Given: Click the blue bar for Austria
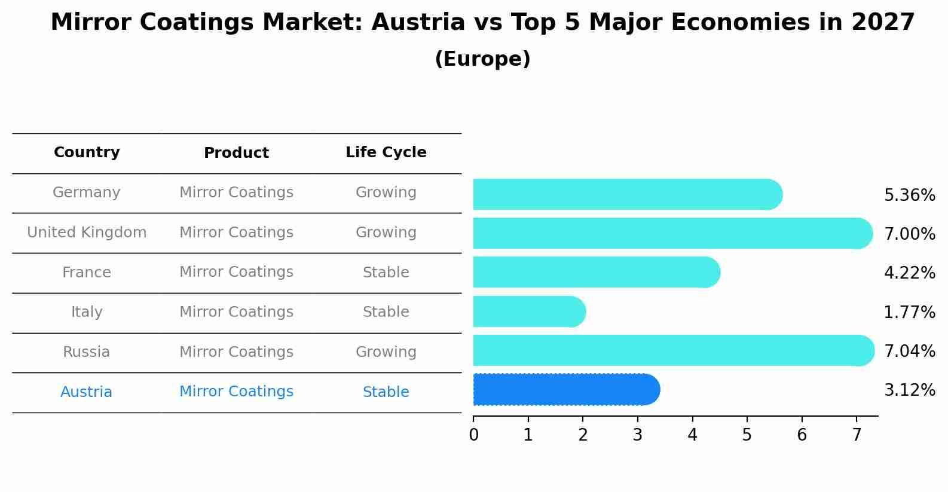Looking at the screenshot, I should [x=565, y=390].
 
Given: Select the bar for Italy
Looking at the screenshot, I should [x=528, y=311].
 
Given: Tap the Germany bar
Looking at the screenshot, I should [x=627, y=194].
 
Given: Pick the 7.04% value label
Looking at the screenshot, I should [x=909, y=351].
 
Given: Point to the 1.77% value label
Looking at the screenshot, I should [x=909, y=312].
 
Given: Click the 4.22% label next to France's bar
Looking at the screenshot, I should [x=909, y=273].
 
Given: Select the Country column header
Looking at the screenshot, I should [x=87, y=152].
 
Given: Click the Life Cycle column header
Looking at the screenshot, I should [x=386, y=152].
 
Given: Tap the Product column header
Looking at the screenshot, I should [x=236, y=153].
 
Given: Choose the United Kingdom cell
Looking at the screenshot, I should [x=87, y=233].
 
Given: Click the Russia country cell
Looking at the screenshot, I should [x=87, y=352].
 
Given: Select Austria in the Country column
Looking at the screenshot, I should [x=87, y=392].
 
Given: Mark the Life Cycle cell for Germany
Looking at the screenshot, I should [x=386, y=192].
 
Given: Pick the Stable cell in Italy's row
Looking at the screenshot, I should [x=386, y=312].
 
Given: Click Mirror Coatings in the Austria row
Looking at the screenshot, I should [x=236, y=392].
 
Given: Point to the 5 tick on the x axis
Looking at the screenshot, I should [x=747, y=435].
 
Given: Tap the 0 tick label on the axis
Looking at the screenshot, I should [x=473, y=435].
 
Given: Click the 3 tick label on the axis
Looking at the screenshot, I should [x=637, y=435].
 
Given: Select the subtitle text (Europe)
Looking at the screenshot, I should [x=482, y=59].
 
